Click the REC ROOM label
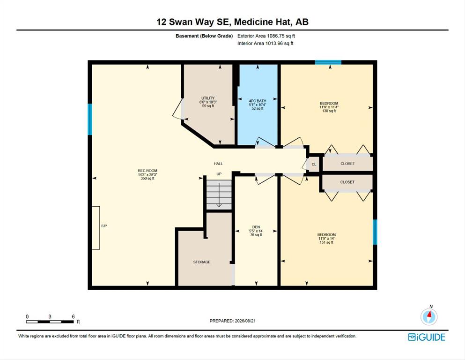148,171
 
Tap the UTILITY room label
208,98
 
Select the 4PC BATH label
258,101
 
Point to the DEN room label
256,227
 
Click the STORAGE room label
202,262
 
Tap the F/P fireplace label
104,226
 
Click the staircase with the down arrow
219,195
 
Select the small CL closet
314,164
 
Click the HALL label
218,164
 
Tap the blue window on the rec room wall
90,120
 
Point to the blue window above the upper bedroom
328,62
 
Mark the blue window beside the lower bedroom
375,232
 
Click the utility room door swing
178,109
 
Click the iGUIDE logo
427,337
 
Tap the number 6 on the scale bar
73,317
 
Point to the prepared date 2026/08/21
245,321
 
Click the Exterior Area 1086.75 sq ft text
266,36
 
